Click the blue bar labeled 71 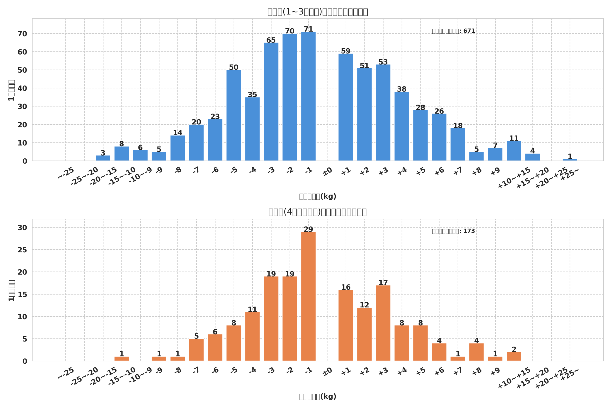pos(308,96)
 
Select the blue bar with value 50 pos(234,115)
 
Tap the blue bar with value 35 pos(252,129)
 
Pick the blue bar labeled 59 pos(346,107)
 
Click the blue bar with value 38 pos(402,126)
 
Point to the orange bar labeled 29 pos(308,296)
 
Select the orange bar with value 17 pos(383,323)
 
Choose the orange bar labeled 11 pos(252,337)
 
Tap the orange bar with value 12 pos(364,334)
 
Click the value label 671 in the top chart pos(469,31)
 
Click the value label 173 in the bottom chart pos(469,231)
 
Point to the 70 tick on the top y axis pos(22,34)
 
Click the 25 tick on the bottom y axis pos(22,250)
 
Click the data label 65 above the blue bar pos(271,40)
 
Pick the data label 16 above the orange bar pos(346,287)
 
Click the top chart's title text pos(317,12)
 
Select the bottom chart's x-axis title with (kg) pos(317,397)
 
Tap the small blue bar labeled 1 pos(570,160)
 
